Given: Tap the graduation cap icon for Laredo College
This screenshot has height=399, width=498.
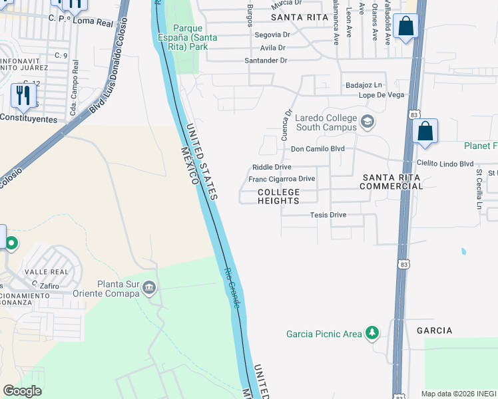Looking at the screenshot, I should tap(367, 122).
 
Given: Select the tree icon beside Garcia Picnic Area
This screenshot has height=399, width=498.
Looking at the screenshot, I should tap(373, 332).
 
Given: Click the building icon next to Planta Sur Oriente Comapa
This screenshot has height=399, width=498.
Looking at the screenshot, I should tap(148, 288).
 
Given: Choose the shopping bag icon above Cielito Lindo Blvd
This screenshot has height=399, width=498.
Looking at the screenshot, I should tap(425, 132).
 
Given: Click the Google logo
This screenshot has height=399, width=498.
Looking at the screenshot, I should tap(22, 391).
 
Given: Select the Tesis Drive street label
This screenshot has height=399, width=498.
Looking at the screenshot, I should tap(328, 215).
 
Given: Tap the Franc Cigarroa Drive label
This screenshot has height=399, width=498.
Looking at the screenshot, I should tap(281, 179).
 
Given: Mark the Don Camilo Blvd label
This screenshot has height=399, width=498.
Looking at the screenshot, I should tap(318, 148).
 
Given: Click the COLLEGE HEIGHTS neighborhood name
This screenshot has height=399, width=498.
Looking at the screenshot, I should tap(279, 196).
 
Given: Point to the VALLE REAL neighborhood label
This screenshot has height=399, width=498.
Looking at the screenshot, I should tap(46, 272).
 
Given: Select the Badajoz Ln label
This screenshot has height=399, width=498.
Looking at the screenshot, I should tap(364, 85).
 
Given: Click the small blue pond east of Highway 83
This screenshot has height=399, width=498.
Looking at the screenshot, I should tap(463, 252).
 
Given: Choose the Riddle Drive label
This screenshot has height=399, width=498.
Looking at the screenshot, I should tap(272, 167).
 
